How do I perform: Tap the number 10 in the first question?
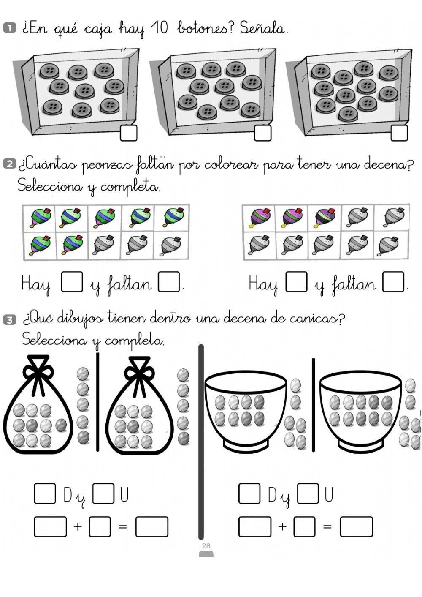tap(159, 29)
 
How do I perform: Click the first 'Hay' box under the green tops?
tap(72, 282)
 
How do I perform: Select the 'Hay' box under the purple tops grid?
tap(296, 282)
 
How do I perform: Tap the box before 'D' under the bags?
tap(45, 493)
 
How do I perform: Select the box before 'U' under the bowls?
tap(308, 493)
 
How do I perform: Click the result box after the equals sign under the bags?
tap(151, 526)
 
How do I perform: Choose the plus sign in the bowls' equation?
tap(282, 526)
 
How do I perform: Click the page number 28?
tap(206, 546)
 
